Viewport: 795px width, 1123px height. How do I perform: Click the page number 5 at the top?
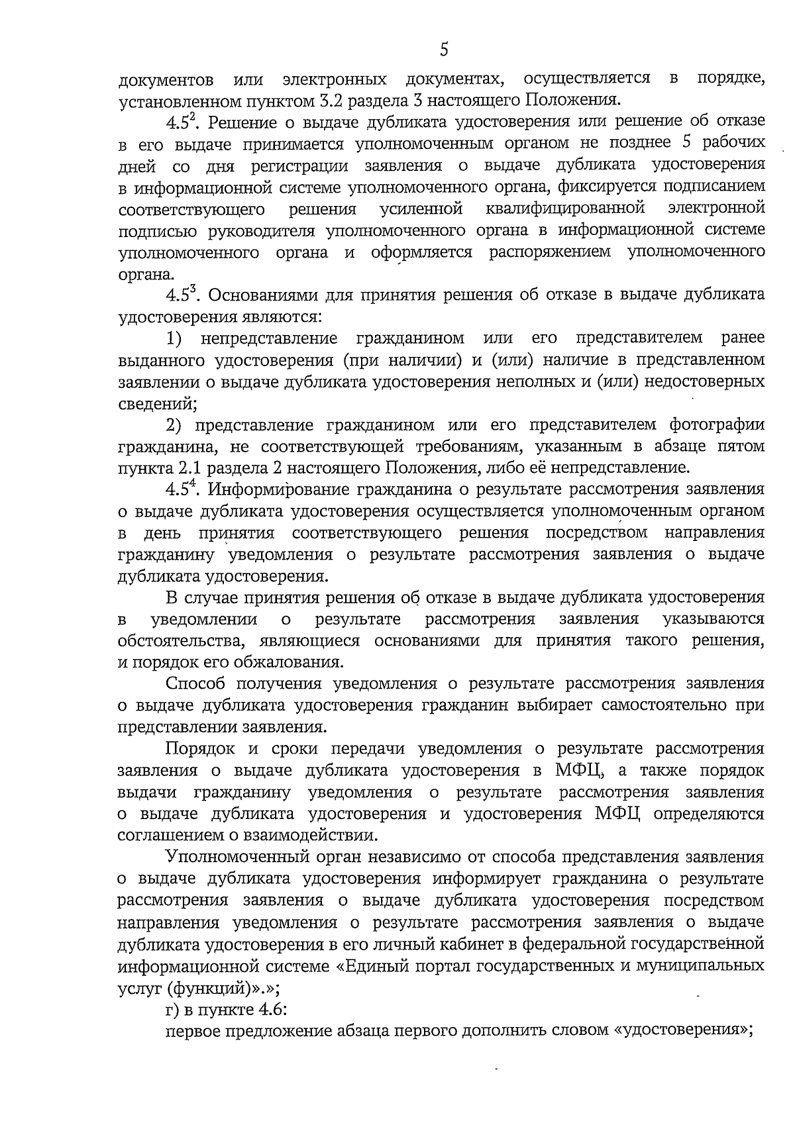click(445, 50)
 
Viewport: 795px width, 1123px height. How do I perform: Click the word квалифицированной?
click(565, 209)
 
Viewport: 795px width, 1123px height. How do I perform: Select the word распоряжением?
click(550, 252)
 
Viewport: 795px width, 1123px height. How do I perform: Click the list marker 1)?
click(174, 338)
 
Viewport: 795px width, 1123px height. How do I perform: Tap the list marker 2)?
click(174, 424)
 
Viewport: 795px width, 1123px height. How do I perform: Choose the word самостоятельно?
click(666, 705)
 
